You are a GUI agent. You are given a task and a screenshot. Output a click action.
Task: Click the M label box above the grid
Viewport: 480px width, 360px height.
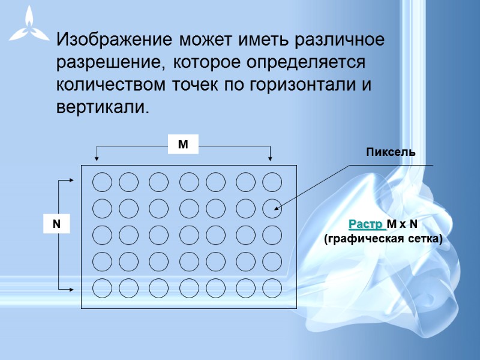click(183, 145)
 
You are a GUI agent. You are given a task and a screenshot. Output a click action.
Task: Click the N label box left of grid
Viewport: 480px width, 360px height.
click(57, 224)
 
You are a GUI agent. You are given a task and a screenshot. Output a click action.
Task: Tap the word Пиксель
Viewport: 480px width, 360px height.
click(391, 152)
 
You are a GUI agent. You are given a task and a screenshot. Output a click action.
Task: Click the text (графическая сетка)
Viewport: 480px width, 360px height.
click(383, 239)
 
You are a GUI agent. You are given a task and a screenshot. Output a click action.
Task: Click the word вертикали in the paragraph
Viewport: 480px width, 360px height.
click(100, 107)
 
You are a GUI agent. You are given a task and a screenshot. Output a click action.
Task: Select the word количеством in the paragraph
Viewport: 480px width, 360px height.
click(109, 85)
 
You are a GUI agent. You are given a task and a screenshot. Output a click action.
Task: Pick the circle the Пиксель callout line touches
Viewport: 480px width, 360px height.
click(272, 208)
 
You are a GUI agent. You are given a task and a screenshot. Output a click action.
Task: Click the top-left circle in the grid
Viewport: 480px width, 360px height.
click(102, 181)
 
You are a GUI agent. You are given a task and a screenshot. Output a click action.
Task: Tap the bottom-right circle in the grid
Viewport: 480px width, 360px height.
click(272, 289)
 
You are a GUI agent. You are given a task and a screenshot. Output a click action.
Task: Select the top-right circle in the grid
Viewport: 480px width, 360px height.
click(272, 181)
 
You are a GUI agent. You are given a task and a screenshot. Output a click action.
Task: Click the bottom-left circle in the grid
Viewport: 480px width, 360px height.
click(102, 289)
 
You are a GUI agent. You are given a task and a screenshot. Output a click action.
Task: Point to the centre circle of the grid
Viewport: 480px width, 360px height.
click(189, 235)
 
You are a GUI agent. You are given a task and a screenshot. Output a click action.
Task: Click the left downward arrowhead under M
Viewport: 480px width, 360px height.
click(97, 158)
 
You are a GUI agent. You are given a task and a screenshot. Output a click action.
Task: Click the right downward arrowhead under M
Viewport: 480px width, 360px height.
click(270, 158)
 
